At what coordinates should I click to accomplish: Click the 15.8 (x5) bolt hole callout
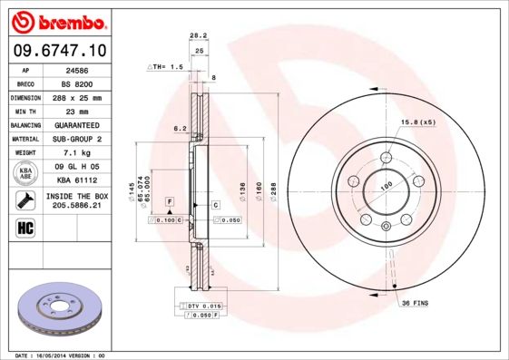pos(418,122)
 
